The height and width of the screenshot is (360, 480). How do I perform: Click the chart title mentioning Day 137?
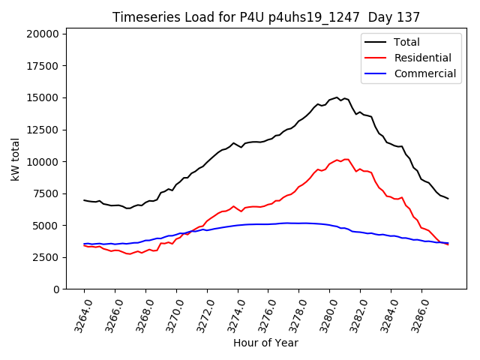[266, 17]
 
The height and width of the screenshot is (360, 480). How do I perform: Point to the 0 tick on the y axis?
[56, 289]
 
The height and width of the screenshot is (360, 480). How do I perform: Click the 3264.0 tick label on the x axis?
[79, 313]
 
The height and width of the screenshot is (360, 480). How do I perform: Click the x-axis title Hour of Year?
[265, 343]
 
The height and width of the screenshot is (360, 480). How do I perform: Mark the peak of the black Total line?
[337, 97]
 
